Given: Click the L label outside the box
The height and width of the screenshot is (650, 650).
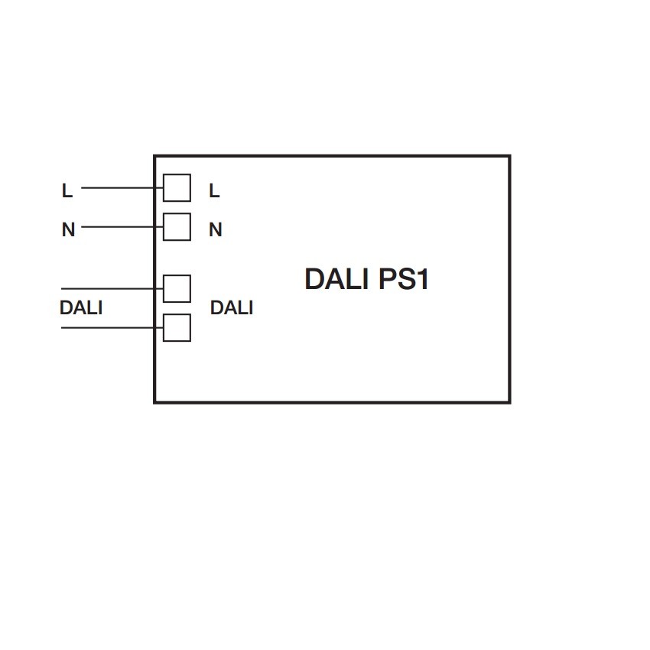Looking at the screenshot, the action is [67, 190].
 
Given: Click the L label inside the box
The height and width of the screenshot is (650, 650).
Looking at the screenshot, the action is [214, 190].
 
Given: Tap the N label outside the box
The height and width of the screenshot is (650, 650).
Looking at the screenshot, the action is [68, 229].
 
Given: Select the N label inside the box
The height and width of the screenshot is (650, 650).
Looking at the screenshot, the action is [216, 229].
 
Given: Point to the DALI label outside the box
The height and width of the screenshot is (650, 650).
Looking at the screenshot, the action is [81, 307].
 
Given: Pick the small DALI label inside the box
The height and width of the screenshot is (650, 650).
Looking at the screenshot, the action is [232, 307].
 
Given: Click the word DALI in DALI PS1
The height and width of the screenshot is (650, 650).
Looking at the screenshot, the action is [336, 278].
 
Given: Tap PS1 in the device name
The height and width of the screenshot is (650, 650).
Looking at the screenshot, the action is [403, 278].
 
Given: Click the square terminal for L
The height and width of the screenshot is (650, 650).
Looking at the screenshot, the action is [177, 188].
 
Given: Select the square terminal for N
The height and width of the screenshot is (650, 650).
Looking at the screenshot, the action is [177, 227].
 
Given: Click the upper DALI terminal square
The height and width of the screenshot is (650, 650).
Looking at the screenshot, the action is [177, 288].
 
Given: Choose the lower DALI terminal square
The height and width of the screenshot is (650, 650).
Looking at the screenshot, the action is [177, 328].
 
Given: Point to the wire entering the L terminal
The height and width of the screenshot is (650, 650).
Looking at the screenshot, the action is [122, 188].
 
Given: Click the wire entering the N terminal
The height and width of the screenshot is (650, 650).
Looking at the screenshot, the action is [122, 227].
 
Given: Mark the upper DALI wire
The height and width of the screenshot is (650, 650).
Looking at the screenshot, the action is [112, 288].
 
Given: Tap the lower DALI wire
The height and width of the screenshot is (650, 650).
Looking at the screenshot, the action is [112, 328].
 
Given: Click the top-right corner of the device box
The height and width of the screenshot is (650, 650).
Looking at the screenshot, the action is [510, 156].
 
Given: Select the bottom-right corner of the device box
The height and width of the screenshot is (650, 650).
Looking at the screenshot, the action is [510, 402].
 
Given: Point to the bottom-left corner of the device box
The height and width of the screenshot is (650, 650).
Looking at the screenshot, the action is [154, 402].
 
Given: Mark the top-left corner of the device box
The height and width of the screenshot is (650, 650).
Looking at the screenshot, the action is [154, 156].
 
